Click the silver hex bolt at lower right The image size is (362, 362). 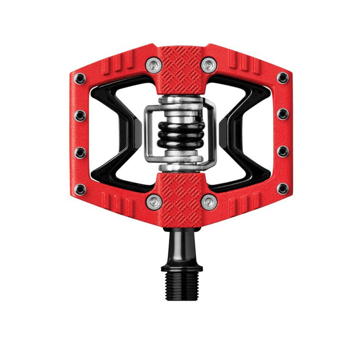click(209, 201)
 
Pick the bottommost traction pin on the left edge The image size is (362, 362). click(80, 189)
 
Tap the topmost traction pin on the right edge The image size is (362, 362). click(283, 77)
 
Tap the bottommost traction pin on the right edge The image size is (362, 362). click(283, 188)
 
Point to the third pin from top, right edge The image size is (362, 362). click(283, 151)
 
